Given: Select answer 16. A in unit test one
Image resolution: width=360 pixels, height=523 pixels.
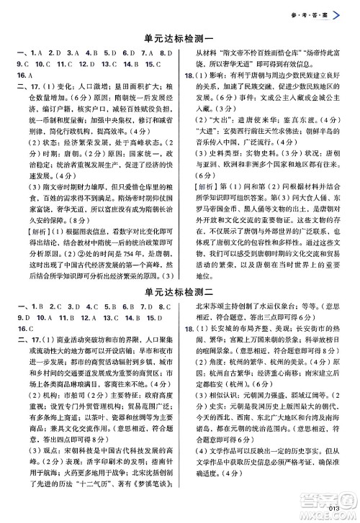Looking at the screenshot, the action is point(21,75).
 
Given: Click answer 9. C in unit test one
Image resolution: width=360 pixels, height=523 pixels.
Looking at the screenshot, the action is point(21,63).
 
